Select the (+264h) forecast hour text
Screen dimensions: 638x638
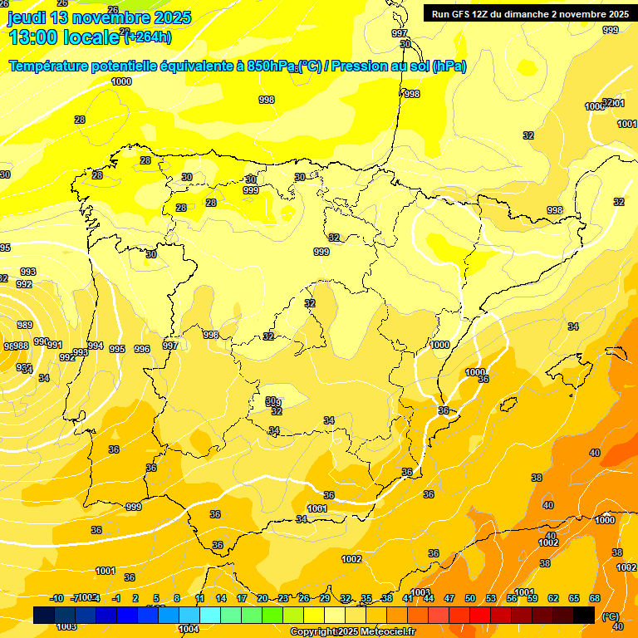coord(148,37)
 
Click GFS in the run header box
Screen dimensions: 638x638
coord(462,13)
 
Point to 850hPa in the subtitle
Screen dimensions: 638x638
coord(270,66)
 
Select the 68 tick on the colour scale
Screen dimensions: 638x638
coord(595,598)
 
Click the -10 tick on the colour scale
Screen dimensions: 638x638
coord(56,598)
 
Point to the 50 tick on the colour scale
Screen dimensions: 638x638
coord(470,598)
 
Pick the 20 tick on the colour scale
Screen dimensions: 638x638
coord(263,598)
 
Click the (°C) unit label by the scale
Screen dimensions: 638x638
coord(610,616)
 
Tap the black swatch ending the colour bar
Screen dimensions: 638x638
coord(584,615)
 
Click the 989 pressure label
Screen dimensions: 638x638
coord(25,326)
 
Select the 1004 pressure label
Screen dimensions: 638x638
coord(189,629)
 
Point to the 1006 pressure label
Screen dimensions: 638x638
coord(594,106)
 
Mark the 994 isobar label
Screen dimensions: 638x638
coord(96,346)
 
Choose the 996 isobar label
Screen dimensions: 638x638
coord(142,350)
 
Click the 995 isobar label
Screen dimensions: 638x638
coord(117,350)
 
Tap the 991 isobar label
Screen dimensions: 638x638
coord(55,345)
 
